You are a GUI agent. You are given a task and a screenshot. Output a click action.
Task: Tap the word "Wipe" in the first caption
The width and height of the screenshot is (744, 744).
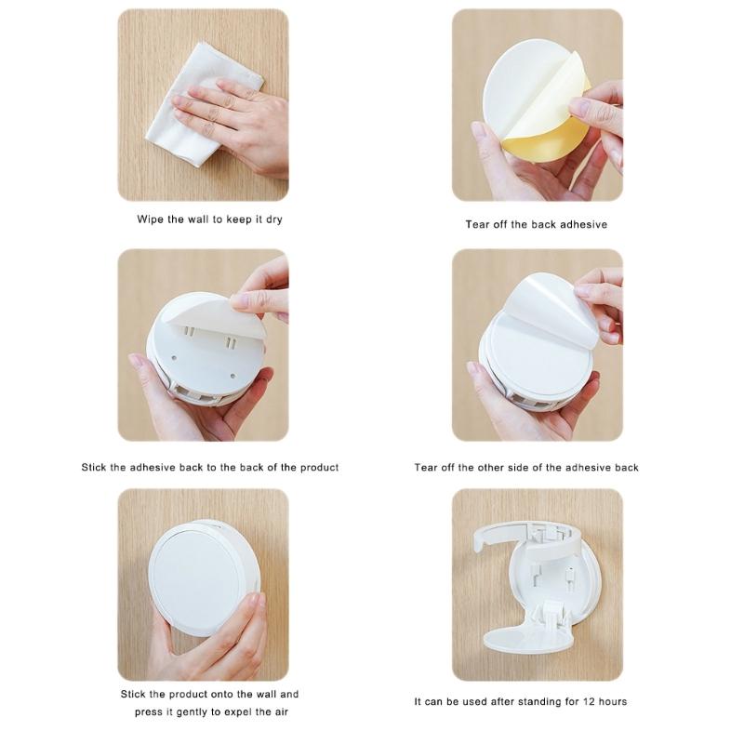[x=152, y=220]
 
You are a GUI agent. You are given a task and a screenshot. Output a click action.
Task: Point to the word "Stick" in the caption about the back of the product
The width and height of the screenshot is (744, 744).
[x=96, y=467]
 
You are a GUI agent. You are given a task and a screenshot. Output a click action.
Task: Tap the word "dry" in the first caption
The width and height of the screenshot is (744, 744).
[x=272, y=220]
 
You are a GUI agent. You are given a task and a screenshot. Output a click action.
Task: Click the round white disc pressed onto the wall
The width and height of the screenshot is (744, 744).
[x=194, y=578]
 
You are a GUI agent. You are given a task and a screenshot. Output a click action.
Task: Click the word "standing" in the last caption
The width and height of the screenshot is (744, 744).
[x=536, y=701]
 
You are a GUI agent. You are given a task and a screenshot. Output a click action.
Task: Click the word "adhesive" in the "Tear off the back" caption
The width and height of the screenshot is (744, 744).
[x=584, y=225]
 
